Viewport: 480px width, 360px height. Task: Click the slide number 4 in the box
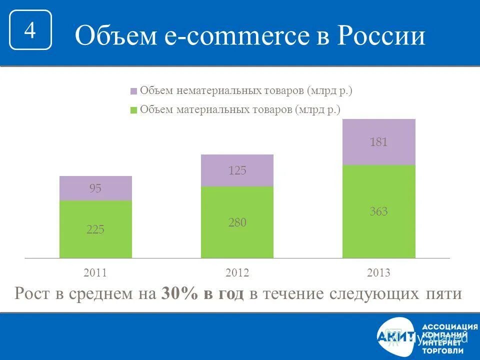[30, 30]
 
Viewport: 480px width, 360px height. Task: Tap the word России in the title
[379, 36]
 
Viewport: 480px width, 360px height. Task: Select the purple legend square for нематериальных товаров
[133, 91]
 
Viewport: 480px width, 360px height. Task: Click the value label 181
[378, 142]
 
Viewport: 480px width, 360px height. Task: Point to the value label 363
[378, 212]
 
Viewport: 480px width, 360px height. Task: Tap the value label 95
[95, 189]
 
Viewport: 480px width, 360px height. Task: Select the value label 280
[237, 222]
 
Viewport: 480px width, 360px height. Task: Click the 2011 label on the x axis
[95, 273]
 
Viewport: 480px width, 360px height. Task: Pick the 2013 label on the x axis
[378, 273]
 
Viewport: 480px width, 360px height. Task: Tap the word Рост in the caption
[32, 294]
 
